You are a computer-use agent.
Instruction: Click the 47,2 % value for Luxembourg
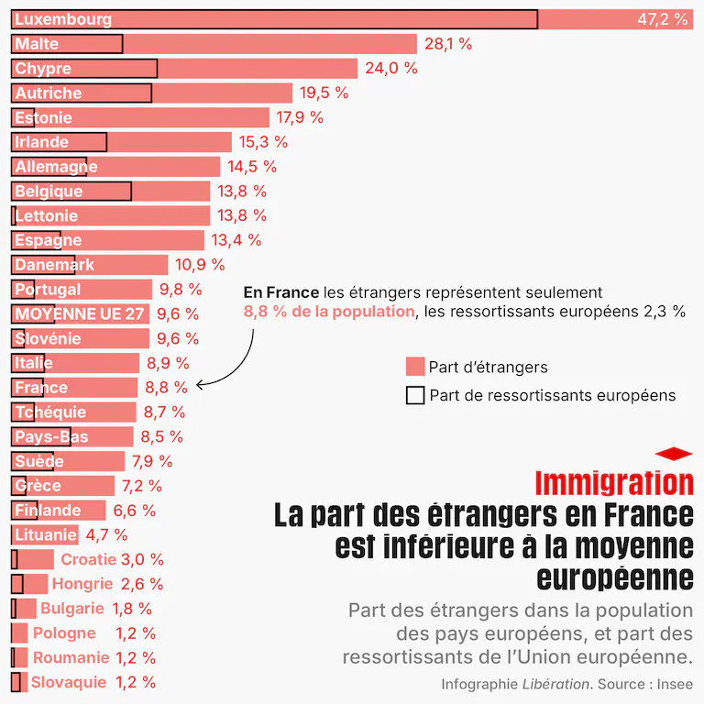pyautogui.click(x=662, y=19)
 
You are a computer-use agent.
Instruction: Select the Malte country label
pyautogui.click(x=37, y=44)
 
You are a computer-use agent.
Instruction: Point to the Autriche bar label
pyautogui.click(x=49, y=93)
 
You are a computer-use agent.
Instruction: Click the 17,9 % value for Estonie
pyautogui.click(x=301, y=117)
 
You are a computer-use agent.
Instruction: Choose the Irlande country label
pyautogui.click(x=42, y=142)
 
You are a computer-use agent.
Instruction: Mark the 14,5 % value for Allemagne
pyautogui.click(x=251, y=167)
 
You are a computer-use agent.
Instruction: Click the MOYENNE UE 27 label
pyautogui.click(x=80, y=313)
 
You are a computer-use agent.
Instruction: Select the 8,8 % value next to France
pyautogui.click(x=165, y=388)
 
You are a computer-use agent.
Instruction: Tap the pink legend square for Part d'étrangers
pyautogui.click(x=414, y=367)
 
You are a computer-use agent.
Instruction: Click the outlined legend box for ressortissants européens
pyautogui.click(x=414, y=395)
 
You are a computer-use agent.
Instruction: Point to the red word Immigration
pyautogui.click(x=613, y=482)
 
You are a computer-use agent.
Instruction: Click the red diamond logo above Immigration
pyautogui.click(x=674, y=453)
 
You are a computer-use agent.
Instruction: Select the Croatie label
pyautogui.click(x=88, y=559)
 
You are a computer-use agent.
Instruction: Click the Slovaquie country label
pyautogui.click(x=69, y=682)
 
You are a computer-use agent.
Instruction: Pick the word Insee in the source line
pyautogui.click(x=672, y=684)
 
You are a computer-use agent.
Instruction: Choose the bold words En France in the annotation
pyautogui.click(x=280, y=292)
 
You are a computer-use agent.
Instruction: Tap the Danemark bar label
pyautogui.click(x=54, y=265)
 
